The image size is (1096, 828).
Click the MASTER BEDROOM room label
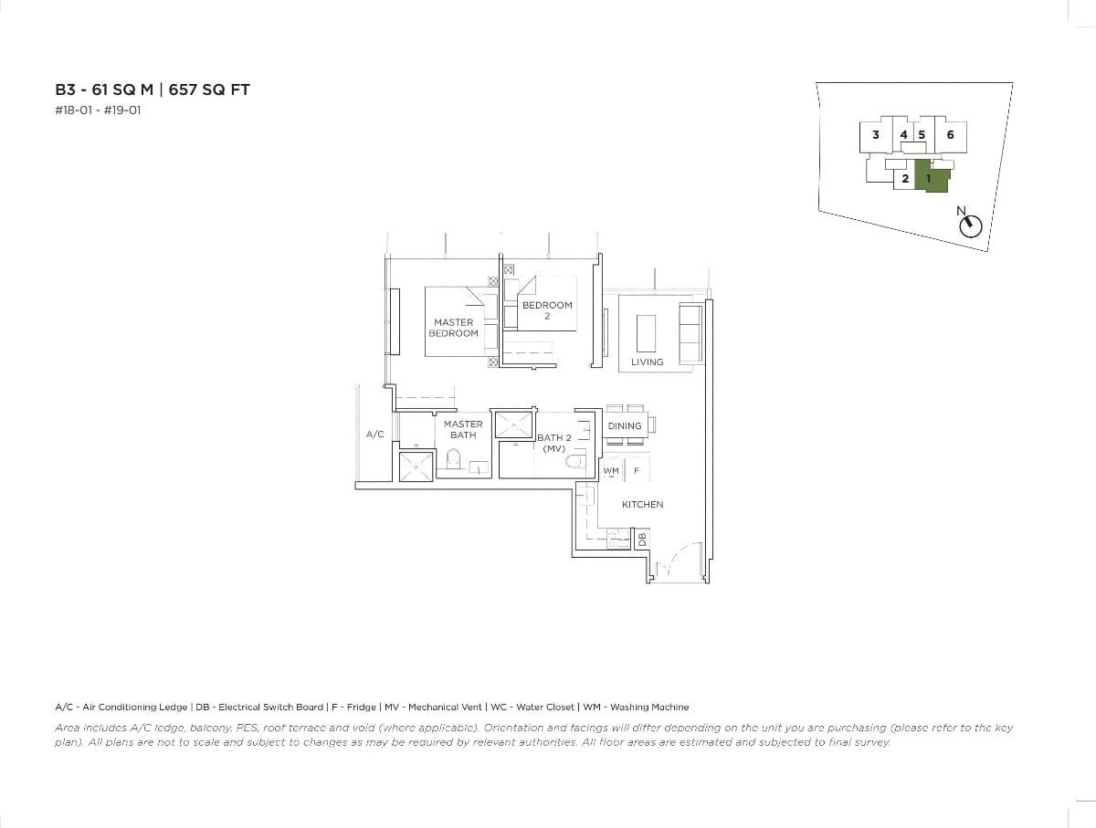pyautogui.click(x=453, y=328)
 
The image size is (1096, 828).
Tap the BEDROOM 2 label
pyautogui.click(x=547, y=310)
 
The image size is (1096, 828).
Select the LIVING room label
pyautogui.click(x=647, y=362)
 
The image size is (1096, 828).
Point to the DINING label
pyautogui.click(x=625, y=426)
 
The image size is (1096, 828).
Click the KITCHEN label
pyautogui.click(x=642, y=505)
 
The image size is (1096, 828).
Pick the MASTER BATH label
pyautogui.click(x=463, y=430)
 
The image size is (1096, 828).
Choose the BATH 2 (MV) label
pyautogui.click(x=554, y=443)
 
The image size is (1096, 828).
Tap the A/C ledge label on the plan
pyautogui.click(x=374, y=435)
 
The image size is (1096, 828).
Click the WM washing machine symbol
pyautogui.click(x=611, y=471)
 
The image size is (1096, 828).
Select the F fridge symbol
pyautogui.click(x=637, y=471)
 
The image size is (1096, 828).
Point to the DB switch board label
pyautogui.click(x=642, y=540)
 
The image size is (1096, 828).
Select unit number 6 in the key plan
pyautogui.click(x=950, y=134)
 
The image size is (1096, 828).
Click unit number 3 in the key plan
pyautogui.click(x=875, y=134)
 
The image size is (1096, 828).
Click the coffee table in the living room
pyautogui.click(x=647, y=332)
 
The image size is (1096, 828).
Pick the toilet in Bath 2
pyautogui.click(x=574, y=462)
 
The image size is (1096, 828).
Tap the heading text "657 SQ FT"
pyautogui.click(x=210, y=89)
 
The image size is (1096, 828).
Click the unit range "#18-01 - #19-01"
pyautogui.click(x=99, y=110)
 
